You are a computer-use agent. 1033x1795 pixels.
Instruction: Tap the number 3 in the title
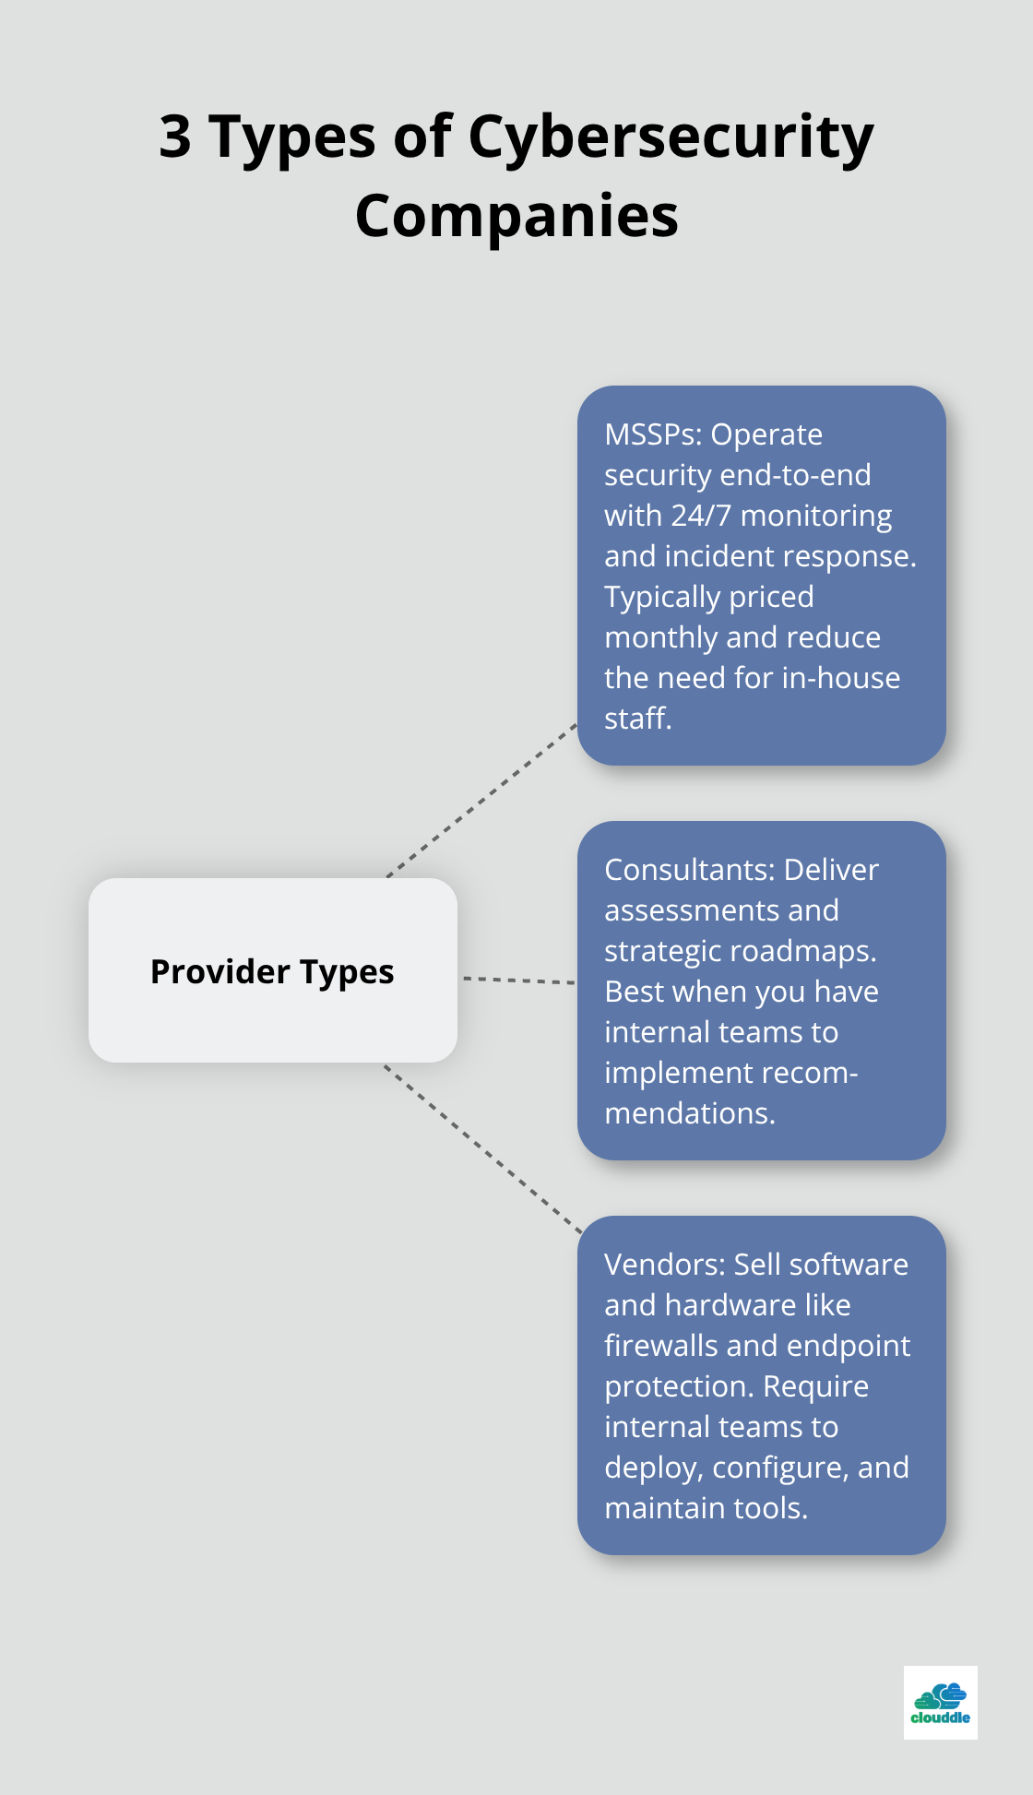click(175, 137)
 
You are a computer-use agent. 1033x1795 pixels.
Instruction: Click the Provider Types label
click(272, 971)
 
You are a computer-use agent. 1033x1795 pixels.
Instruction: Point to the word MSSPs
click(652, 434)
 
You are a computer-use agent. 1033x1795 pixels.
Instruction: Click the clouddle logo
click(940, 1702)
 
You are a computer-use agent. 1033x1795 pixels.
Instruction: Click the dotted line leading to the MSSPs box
click(481, 800)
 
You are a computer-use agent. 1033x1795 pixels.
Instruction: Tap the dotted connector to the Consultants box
click(518, 980)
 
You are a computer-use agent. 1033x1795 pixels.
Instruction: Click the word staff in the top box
click(635, 719)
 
